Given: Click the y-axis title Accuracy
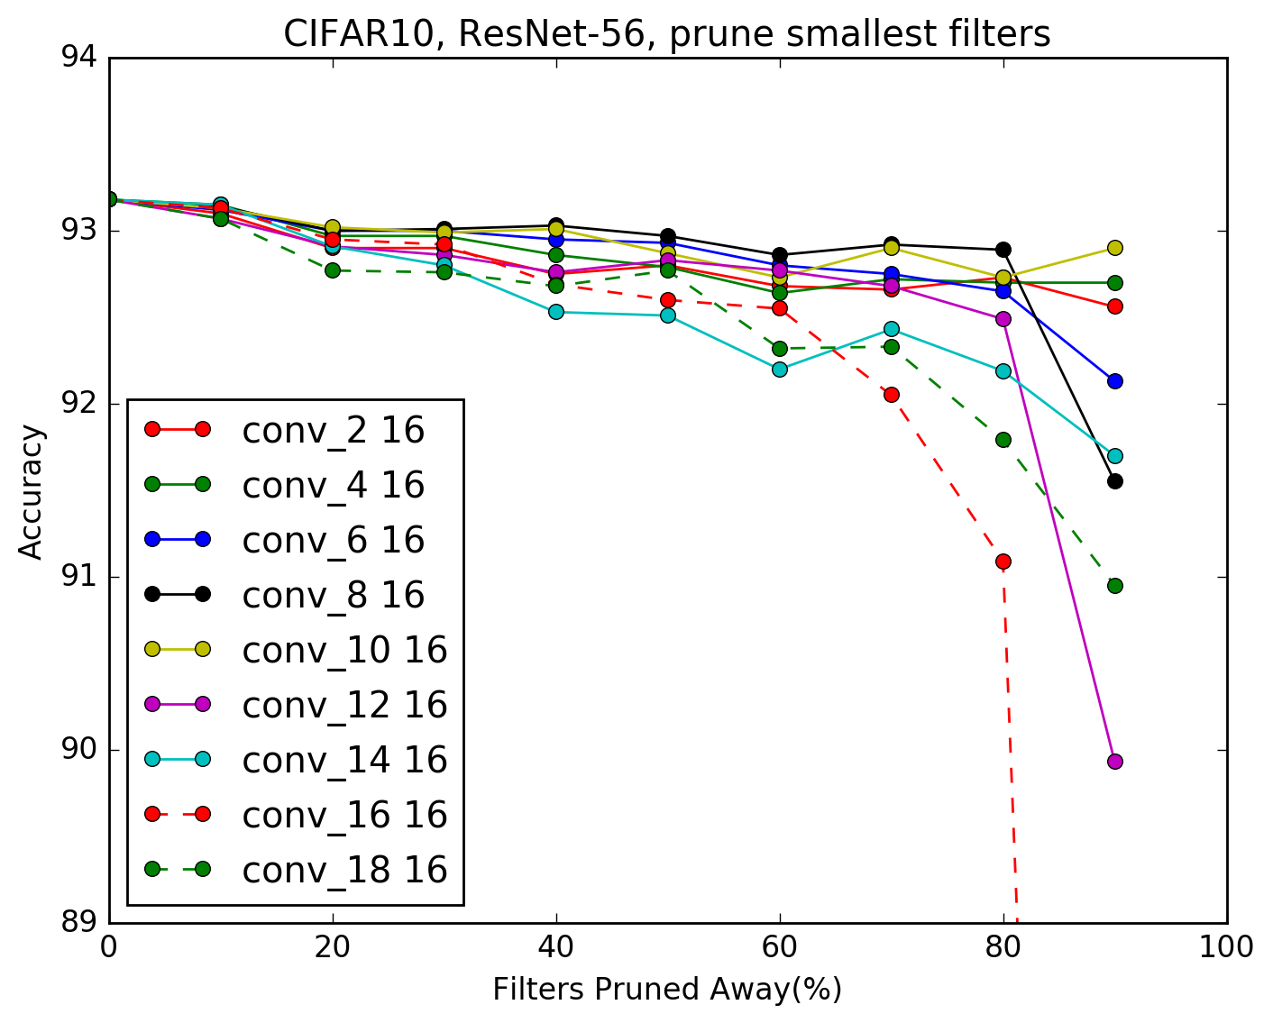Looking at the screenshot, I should [x=32, y=492].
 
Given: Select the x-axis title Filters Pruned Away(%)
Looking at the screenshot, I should [x=667, y=990].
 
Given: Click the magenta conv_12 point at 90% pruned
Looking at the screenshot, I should [x=1114, y=761].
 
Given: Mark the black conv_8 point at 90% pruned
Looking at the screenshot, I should [x=1114, y=480].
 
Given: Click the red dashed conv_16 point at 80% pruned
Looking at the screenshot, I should [x=1003, y=561].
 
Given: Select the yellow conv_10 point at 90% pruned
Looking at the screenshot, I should [x=1114, y=248].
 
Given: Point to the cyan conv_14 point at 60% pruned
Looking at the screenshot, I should [x=779, y=369].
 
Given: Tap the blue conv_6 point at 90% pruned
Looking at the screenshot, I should [x=1114, y=380].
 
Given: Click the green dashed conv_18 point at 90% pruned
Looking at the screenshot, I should [x=1114, y=585].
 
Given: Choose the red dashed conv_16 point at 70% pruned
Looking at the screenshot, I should [x=891, y=394].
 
